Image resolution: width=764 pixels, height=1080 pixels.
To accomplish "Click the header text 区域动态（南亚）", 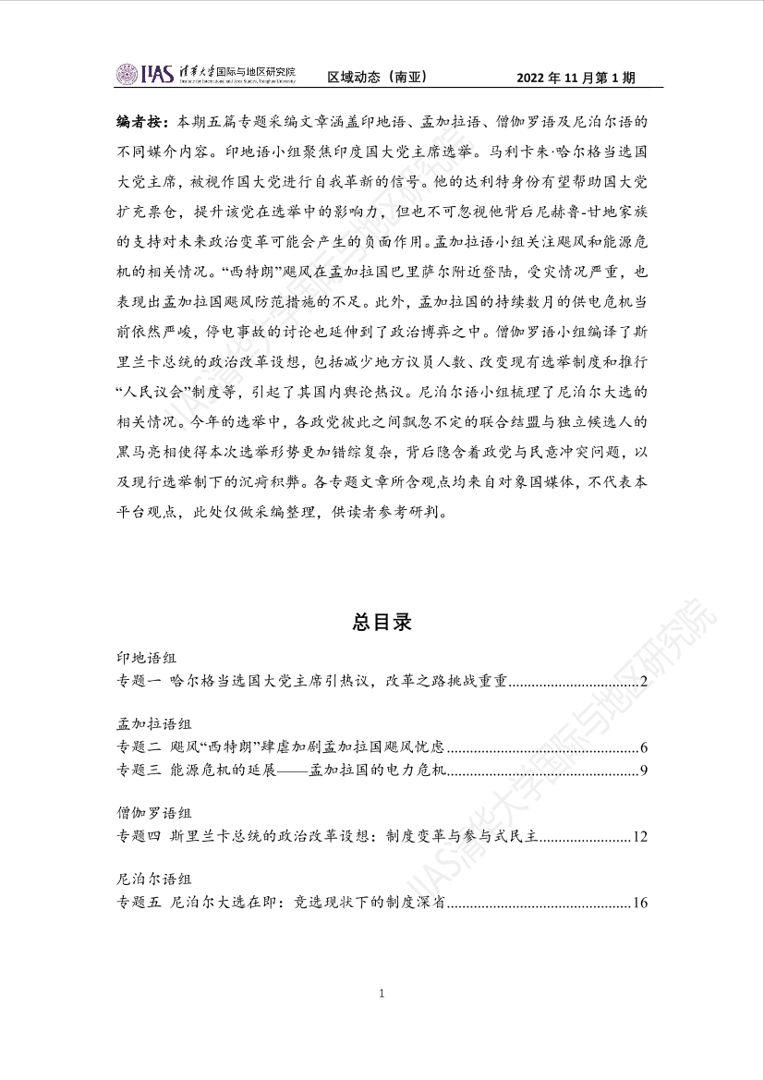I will [377, 77].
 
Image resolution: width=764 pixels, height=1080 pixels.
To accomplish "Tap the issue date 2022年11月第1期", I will [576, 77].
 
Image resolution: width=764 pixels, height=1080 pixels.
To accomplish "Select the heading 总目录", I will [382, 622].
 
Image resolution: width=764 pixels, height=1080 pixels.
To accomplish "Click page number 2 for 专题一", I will [643, 683].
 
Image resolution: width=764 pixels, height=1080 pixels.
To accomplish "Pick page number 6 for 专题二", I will [643, 746].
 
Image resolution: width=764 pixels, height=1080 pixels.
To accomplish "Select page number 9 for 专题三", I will [643, 771].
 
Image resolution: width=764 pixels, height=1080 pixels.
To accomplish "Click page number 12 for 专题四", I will [639, 837].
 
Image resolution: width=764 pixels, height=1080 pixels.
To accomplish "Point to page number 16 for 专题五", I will [639, 903].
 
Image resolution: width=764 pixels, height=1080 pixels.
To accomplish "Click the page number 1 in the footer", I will [382, 994].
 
